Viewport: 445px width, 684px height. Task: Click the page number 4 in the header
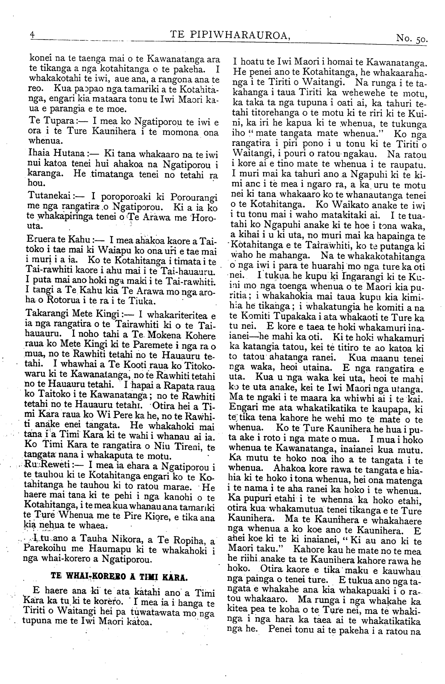click(32, 35)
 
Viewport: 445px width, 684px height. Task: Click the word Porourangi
click(194, 198)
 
